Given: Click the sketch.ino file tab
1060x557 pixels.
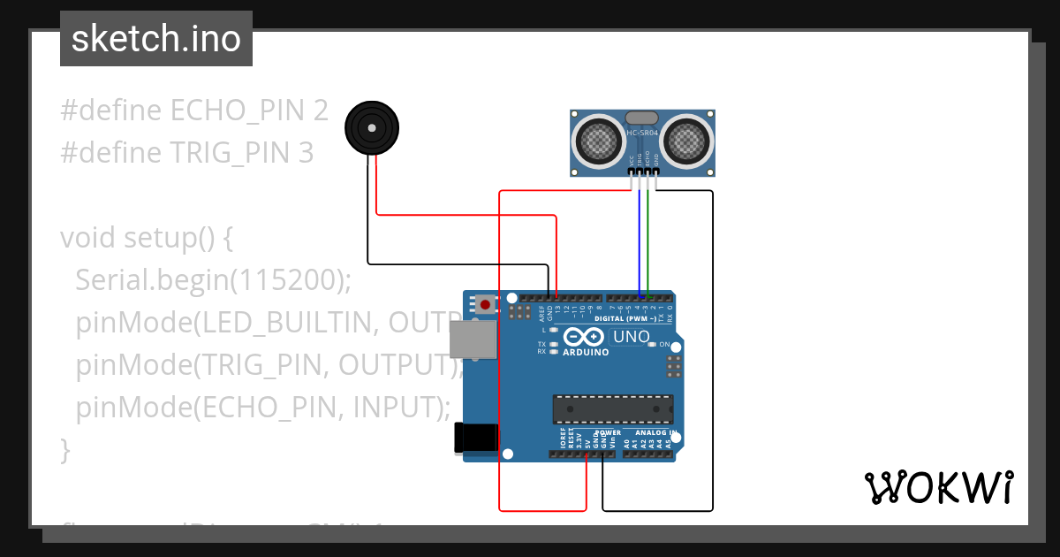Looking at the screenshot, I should pyautogui.click(x=155, y=39).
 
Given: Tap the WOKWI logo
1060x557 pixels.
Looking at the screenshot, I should pyautogui.click(x=938, y=487).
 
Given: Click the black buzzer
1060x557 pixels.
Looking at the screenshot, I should pyautogui.click(x=371, y=128).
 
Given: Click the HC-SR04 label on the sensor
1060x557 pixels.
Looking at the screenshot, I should pyautogui.click(x=642, y=133).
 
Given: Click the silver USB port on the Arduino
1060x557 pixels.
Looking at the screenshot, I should pyautogui.click(x=473, y=340).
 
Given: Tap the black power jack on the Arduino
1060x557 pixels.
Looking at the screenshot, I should pyautogui.click(x=472, y=439).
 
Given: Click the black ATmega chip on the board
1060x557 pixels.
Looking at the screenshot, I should pyautogui.click(x=612, y=409).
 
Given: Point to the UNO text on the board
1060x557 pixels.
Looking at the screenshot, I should pyautogui.click(x=631, y=337).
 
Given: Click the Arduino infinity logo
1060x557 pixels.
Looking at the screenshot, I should pyautogui.click(x=583, y=337).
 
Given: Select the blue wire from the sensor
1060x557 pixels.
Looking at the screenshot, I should pyautogui.click(x=640, y=239).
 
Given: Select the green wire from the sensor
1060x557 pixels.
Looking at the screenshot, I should pyautogui.click(x=647, y=239).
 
